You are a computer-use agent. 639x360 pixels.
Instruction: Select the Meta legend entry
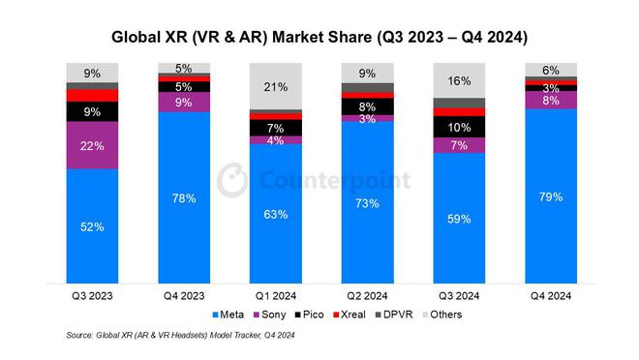[228, 315]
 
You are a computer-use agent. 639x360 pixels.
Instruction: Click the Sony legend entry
[272, 315]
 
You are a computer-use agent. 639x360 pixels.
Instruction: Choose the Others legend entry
[448, 315]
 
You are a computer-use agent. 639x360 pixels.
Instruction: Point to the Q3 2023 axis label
[91, 296]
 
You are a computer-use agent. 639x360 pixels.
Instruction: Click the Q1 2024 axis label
[275, 296]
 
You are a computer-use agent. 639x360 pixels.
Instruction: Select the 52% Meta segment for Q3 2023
[91, 226]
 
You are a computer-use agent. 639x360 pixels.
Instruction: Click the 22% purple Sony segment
[91, 145]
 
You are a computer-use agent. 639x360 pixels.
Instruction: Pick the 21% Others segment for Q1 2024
[275, 86]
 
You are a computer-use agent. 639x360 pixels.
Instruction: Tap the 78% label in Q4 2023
[184, 198]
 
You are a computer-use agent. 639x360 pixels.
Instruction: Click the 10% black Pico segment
[458, 127]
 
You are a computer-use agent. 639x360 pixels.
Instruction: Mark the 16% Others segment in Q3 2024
[458, 80]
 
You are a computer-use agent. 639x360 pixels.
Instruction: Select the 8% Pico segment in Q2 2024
[367, 106]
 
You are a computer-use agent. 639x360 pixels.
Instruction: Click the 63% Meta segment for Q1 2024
[275, 214]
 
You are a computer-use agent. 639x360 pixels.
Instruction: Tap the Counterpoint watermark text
[333, 181]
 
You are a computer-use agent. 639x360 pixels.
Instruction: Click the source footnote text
[180, 335]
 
